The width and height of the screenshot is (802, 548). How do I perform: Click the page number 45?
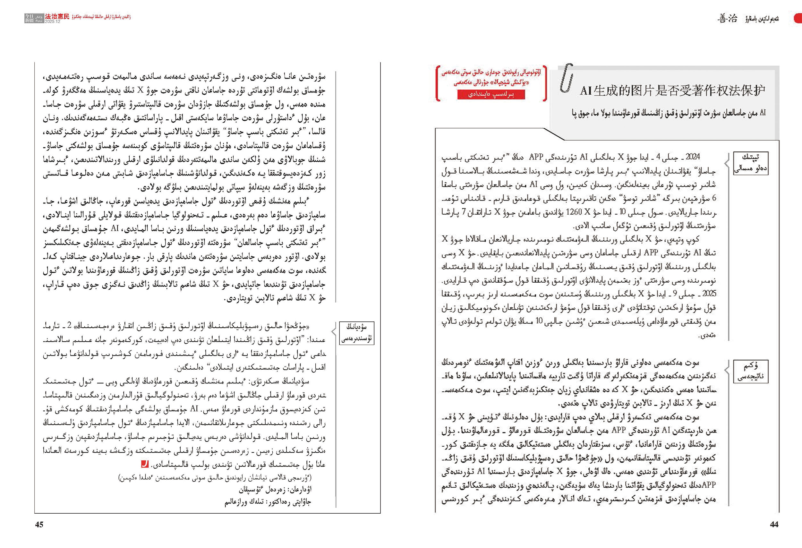tap(39, 524)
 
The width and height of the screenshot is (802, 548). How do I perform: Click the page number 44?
tap(774, 524)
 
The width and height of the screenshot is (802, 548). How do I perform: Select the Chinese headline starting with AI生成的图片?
tap(672, 90)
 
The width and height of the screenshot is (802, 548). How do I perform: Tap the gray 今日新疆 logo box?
tap(29, 18)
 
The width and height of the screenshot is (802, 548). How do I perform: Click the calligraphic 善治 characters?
tap(727, 19)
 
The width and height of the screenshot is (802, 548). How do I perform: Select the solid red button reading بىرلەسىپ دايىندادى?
tap(491, 95)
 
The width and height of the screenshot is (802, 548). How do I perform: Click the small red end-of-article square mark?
tap(144, 464)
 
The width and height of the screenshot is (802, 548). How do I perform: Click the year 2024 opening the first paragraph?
tap(692, 157)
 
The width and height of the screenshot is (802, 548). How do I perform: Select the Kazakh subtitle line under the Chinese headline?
tap(668, 113)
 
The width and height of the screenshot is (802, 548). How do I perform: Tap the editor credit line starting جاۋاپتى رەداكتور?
tap(268, 501)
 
